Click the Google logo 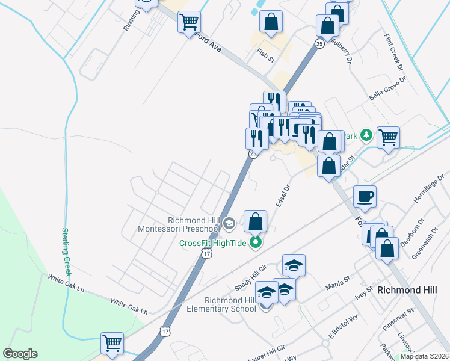(x=20, y=354)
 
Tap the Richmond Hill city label (x=407, y=289)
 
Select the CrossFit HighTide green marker (x=256, y=243)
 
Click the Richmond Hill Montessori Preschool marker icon (x=229, y=224)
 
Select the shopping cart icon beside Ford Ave (x=189, y=22)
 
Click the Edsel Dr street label (x=283, y=195)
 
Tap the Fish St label (x=265, y=55)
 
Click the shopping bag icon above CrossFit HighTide (x=256, y=220)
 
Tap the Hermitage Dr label (x=428, y=191)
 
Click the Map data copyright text (x=424, y=356)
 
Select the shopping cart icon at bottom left (x=112, y=342)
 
